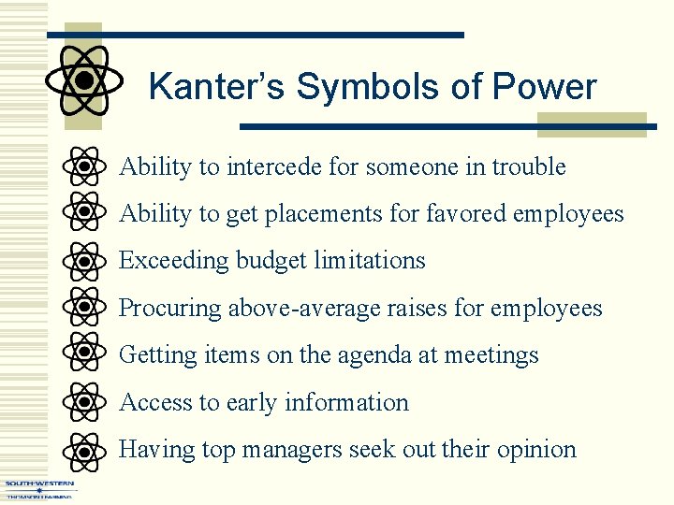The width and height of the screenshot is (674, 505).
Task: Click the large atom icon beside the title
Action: point(84,80)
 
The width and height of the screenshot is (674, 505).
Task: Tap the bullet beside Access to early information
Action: point(84,402)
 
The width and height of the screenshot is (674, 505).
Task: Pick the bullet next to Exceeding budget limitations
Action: point(84,261)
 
